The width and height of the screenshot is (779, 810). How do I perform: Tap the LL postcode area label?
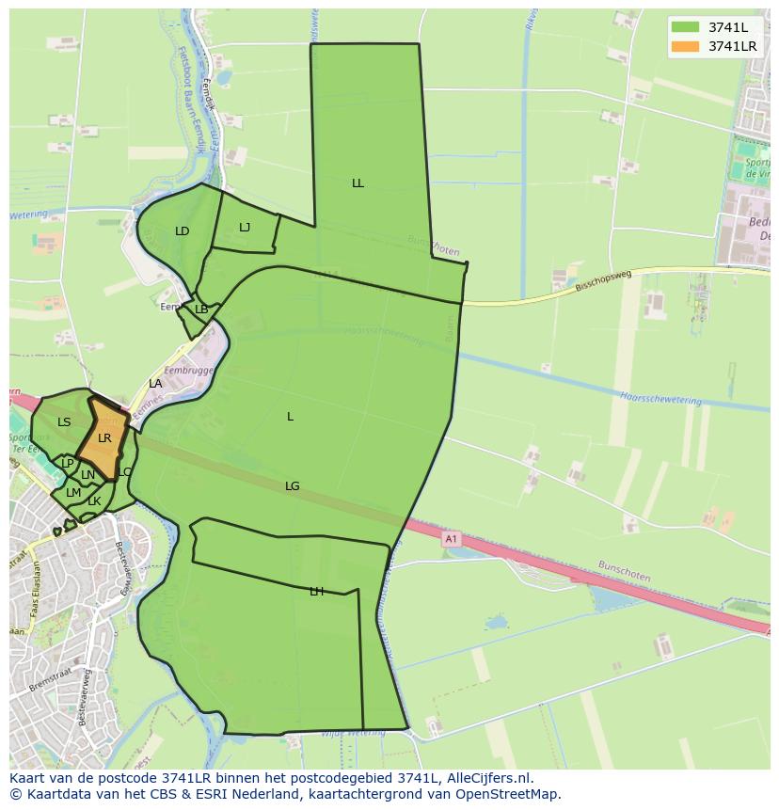358,183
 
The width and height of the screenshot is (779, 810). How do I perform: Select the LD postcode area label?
183,231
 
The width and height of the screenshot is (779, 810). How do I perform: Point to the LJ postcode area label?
245,227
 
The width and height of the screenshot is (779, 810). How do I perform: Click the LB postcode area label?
201,310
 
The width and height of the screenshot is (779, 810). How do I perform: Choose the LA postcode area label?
155,384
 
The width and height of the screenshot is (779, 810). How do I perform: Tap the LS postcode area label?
64,422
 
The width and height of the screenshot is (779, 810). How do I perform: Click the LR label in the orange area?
104,438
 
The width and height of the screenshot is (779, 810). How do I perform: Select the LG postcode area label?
293,486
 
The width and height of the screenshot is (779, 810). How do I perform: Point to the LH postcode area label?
316,592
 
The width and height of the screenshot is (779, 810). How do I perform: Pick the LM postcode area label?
73,492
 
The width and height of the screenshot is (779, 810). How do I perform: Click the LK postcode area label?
94,501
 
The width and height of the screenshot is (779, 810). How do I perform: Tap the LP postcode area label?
67,464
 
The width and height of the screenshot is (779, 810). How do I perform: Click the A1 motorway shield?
451,539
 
